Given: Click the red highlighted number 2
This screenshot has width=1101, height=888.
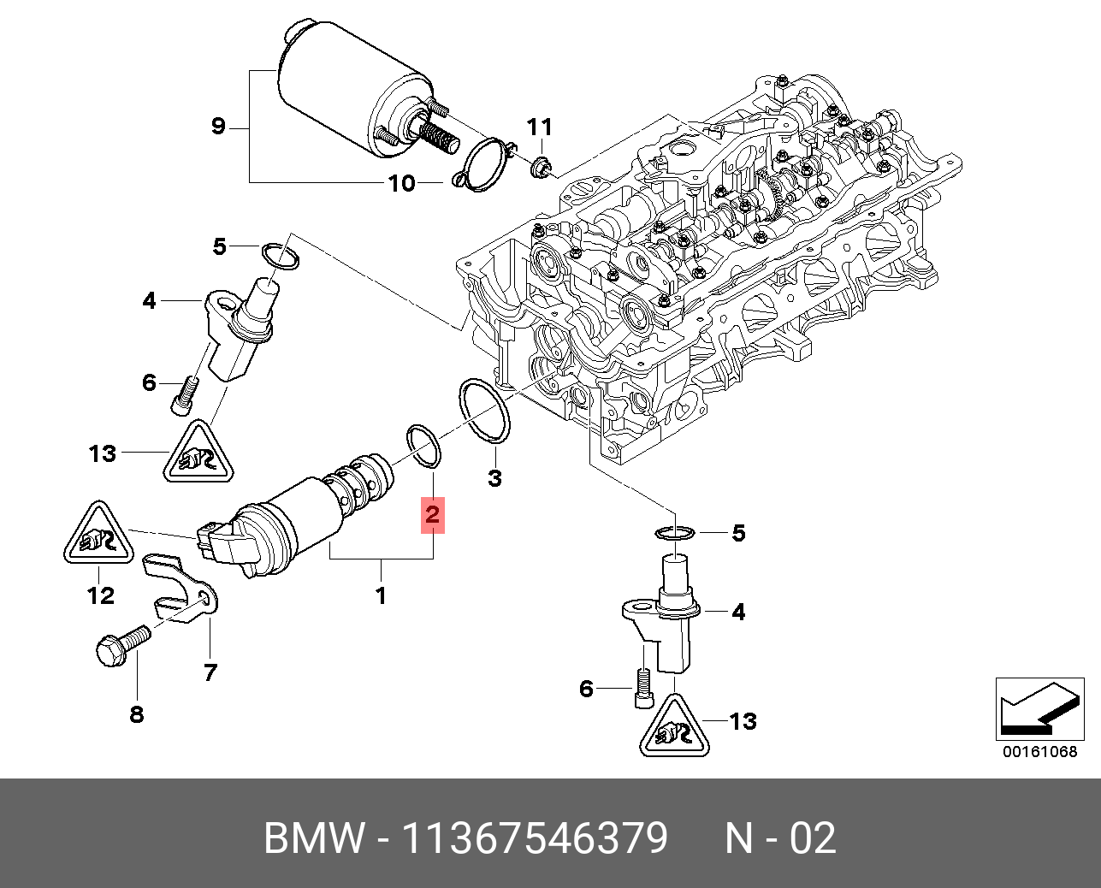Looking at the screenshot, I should pyautogui.click(x=432, y=516).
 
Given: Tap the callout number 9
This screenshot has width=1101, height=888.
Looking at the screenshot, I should pyautogui.click(x=217, y=127).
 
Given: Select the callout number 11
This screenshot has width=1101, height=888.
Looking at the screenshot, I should pyautogui.click(x=539, y=128).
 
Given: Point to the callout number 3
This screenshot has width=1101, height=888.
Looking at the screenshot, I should pyautogui.click(x=494, y=478).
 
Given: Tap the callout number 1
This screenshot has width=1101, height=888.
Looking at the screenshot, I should pyautogui.click(x=381, y=595).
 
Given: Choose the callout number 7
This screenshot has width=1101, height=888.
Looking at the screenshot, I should pyautogui.click(x=210, y=672).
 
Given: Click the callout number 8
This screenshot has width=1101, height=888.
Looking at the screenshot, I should pyautogui.click(x=137, y=713).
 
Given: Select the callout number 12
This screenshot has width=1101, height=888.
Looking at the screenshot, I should pyautogui.click(x=101, y=595).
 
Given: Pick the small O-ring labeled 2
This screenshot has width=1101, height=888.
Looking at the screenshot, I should pyautogui.click(x=423, y=445).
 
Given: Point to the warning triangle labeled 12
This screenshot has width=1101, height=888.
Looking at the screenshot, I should pyautogui.click(x=96, y=539).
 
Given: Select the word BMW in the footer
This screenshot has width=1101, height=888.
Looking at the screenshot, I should pyautogui.click(x=313, y=838).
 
